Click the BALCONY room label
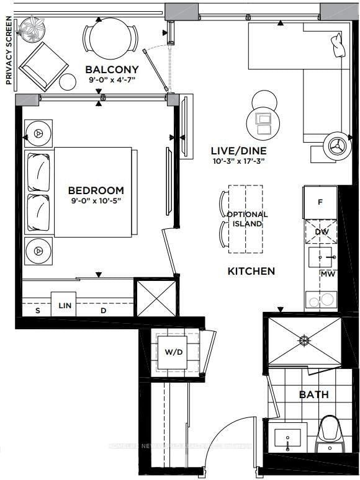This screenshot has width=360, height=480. tap(112, 69)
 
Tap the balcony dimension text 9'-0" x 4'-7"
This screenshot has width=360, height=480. tap(112, 79)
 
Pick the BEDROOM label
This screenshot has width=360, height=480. tap(96, 190)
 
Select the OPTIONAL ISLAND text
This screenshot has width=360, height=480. tap(247, 219)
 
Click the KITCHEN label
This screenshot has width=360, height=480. tap(251, 271)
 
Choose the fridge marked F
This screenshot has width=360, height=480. tap(320, 202)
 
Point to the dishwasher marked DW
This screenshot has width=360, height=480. tap(321, 232)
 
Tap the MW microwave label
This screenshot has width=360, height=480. tap(327, 273)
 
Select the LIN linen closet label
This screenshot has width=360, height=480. tap(63, 304)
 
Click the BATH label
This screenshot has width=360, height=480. tap(313, 394)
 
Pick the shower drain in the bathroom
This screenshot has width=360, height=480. tap(304, 340)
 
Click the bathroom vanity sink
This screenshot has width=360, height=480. tap(287, 438)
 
